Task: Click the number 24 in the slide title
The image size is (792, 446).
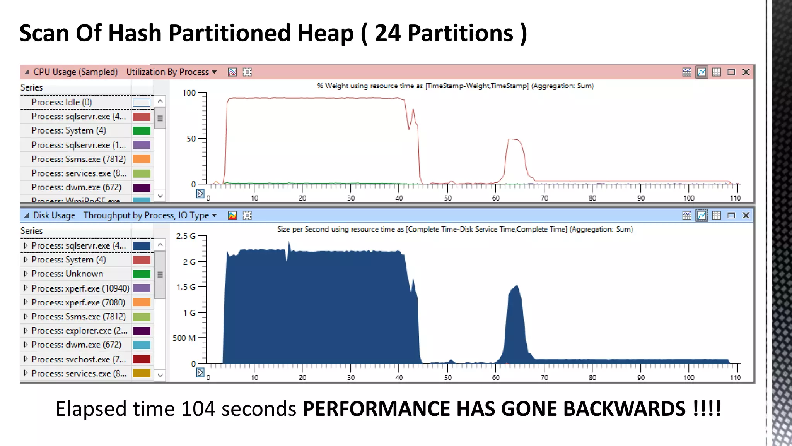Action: point(388,33)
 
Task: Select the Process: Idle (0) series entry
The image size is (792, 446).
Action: point(62,102)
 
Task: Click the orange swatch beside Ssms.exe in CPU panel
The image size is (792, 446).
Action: point(142,159)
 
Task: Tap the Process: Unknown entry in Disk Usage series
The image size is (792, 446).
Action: point(67,274)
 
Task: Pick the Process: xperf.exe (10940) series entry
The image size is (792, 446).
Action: point(80,288)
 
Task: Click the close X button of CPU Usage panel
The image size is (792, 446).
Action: point(746,72)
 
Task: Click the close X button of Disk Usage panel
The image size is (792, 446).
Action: point(746,215)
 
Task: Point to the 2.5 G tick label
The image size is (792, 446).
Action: point(186,236)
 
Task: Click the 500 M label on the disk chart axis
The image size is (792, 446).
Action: point(184,338)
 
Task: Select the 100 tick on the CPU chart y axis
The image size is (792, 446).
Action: point(189,93)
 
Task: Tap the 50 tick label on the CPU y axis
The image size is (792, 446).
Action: point(191,139)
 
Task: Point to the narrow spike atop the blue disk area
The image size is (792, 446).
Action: point(289,244)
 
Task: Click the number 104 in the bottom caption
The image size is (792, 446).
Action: point(198,409)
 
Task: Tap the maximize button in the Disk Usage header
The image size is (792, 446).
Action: point(731,215)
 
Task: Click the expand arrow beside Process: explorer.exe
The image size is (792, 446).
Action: point(26,331)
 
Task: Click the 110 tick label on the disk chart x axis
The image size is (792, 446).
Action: point(735,377)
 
